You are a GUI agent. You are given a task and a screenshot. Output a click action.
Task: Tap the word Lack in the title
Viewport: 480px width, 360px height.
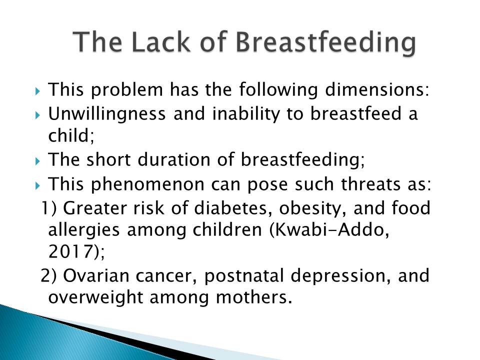(x=161, y=41)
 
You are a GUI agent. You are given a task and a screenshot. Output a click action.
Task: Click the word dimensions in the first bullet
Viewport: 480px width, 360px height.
(x=377, y=89)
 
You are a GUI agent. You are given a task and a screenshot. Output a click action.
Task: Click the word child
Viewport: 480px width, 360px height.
(x=71, y=135)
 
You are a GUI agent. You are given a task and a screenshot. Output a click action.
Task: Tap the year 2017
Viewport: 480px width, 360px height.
(x=70, y=251)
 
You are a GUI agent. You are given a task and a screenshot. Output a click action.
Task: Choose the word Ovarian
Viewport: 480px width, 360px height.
(x=96, y=275)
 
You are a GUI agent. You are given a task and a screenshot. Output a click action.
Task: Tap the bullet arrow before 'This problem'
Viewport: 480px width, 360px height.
(x=37, y=91)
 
